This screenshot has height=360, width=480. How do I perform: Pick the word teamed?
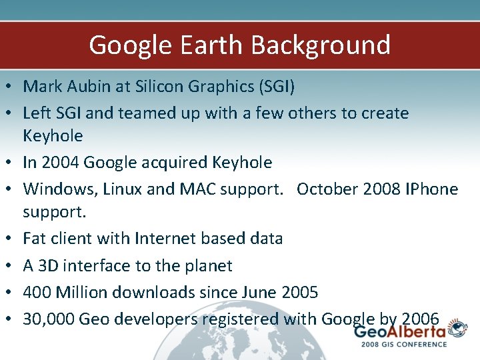145,113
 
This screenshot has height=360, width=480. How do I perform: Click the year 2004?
61,162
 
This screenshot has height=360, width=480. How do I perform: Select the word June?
261,292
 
